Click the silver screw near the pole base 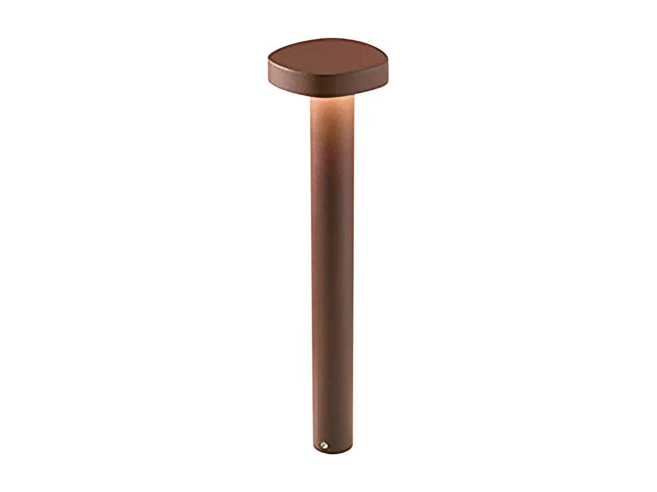pyautogui.click(x=324, y=445)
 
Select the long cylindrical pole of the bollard pyautogui.click(x=332, y=254)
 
